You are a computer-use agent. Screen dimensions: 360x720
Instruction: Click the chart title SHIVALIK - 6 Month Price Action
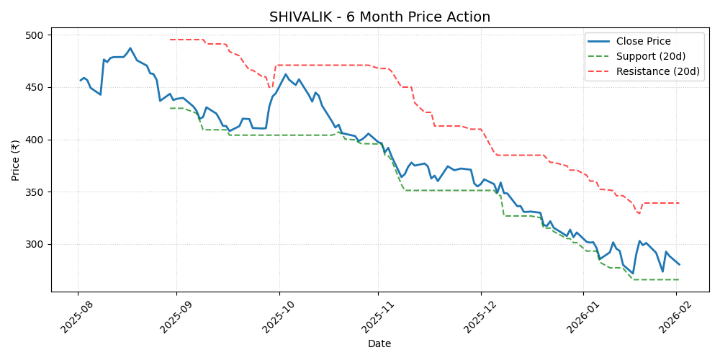click(379, 17)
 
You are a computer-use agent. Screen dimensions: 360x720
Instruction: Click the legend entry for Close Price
click(643, 41)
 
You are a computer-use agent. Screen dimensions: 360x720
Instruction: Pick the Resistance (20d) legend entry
click(657, 71)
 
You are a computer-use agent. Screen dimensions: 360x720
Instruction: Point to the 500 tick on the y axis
click(35, 35)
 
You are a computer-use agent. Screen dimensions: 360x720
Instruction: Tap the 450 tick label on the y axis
click(35, 88)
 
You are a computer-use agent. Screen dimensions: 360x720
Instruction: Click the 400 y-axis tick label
click(35, 140)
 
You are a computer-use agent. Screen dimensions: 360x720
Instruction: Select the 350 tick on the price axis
click(35, 192)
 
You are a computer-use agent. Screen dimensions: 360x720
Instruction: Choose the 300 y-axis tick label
click(35, 245)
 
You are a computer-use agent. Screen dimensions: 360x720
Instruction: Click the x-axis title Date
click(379, 344)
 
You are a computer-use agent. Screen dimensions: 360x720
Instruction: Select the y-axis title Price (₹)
click(16, 159)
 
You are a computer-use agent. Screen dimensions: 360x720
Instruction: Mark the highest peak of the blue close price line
click(130, 48)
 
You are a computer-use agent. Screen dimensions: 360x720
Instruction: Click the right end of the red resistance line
click(679, 203)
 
